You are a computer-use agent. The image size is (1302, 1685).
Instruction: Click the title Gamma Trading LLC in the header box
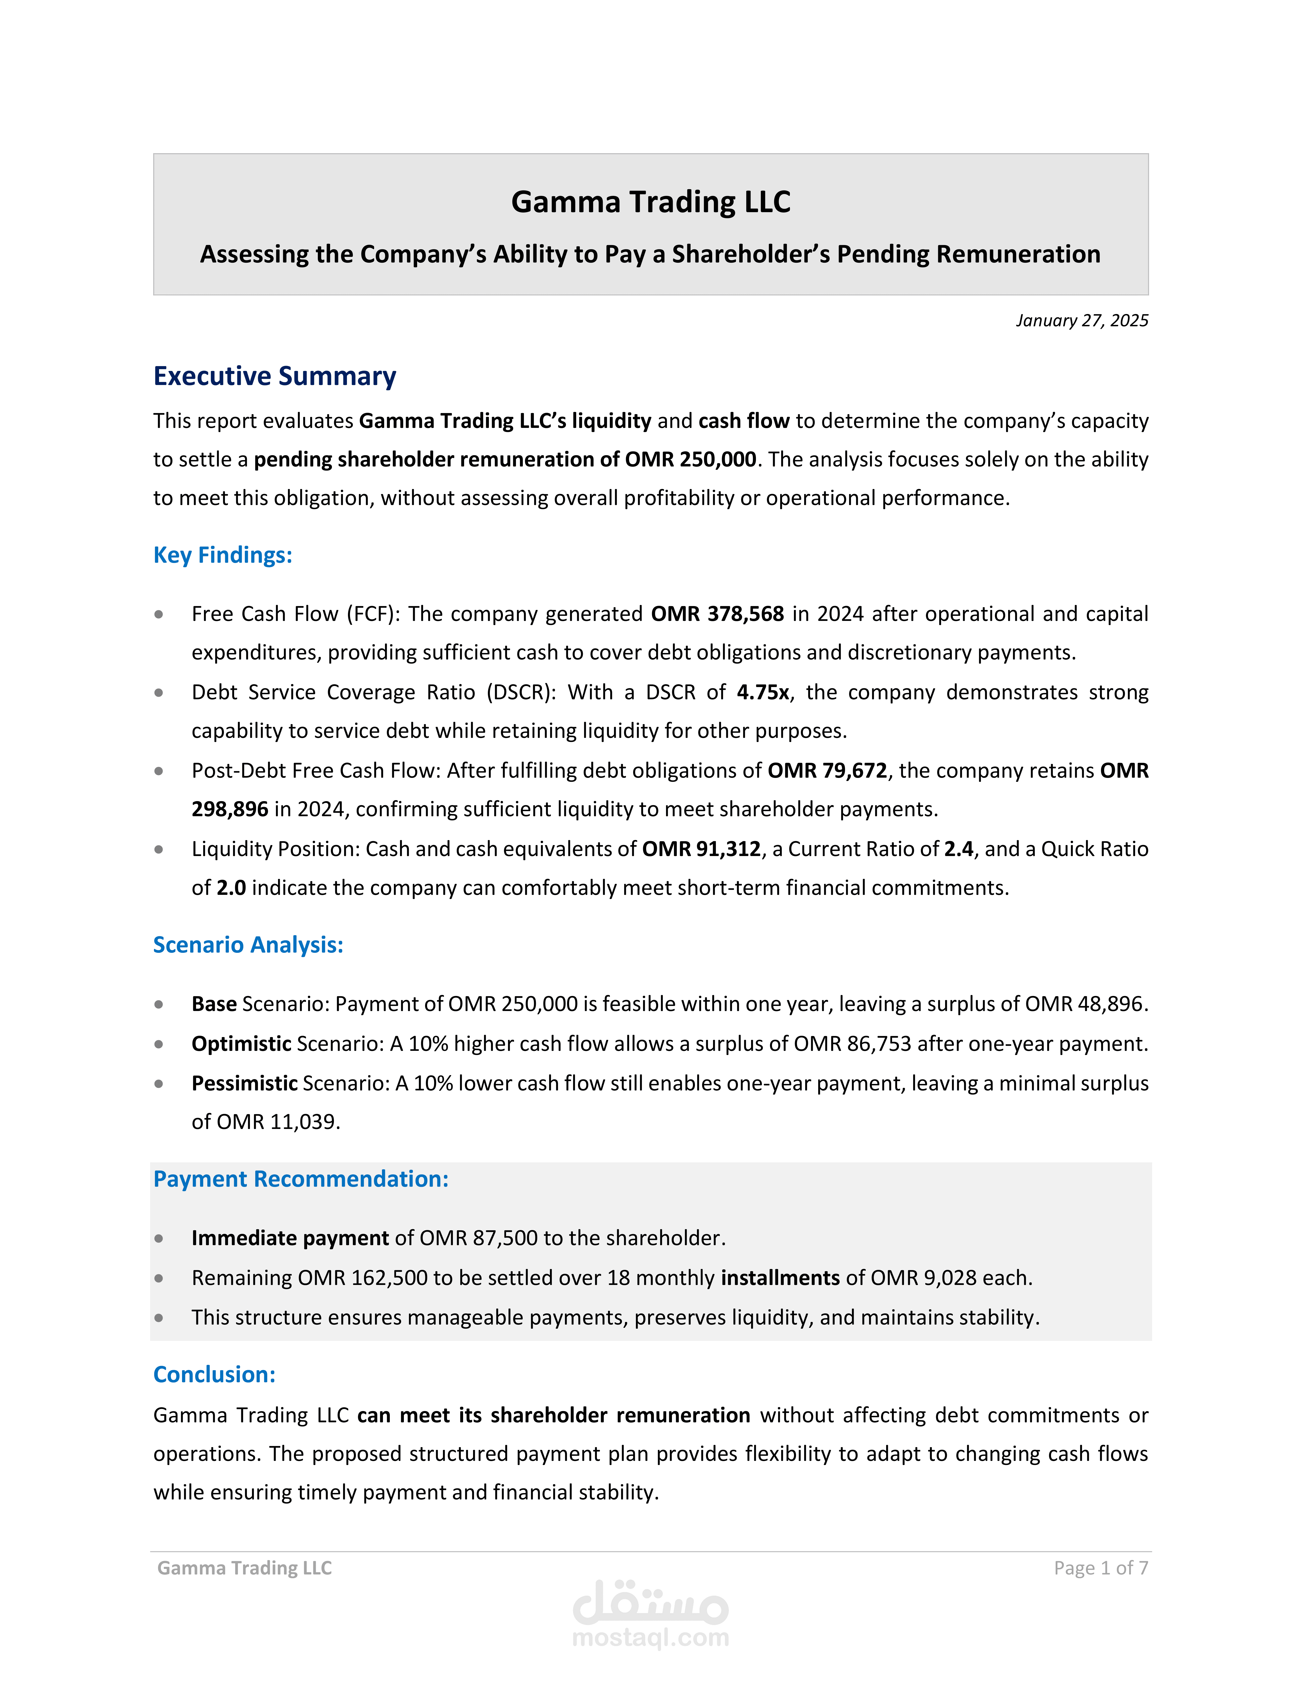pos(650,202)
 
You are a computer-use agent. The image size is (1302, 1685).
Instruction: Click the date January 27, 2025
pos(1081,320)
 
